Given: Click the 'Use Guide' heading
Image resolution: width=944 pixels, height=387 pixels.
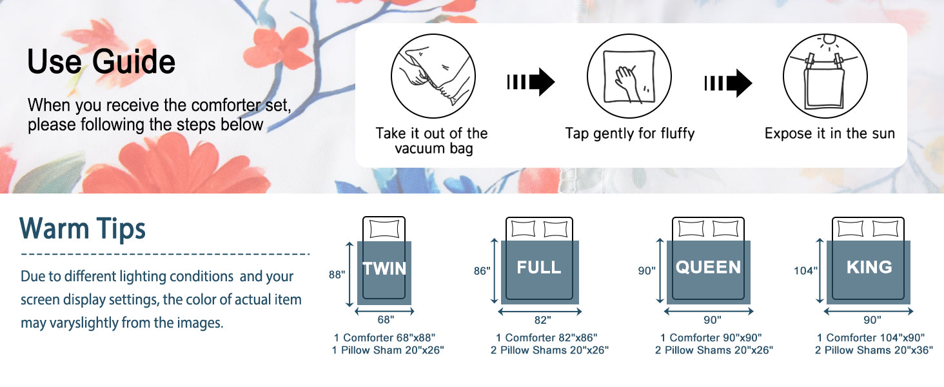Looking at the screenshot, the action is (x=101, y=61).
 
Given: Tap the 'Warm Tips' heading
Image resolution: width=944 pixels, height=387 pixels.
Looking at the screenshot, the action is (x=83, y=228).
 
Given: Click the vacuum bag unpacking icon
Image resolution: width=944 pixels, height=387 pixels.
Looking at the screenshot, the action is (x=433, y=76).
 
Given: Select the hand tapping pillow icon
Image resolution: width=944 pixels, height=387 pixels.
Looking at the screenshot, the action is (x=629, y=76).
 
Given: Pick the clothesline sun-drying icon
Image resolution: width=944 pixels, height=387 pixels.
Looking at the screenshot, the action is (x=825, y=76).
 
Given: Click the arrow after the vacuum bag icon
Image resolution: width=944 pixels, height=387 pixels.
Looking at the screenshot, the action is (x=531, y=82).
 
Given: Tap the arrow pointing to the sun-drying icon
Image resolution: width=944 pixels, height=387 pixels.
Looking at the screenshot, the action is (x=728, y=83).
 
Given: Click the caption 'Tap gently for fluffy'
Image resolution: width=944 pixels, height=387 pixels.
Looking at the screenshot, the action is (x=629, y=134).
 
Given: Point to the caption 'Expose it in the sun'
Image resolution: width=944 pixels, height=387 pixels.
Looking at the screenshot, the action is (x=829, y=134).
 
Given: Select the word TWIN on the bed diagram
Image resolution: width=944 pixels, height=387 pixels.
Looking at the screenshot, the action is (x=384, y=268).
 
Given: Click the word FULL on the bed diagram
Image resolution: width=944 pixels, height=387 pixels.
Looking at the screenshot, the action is (x=539, y=267).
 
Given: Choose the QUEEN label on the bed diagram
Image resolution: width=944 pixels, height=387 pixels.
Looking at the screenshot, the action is (x=708, y=267).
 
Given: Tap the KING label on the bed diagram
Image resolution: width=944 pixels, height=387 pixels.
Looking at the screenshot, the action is (x=869, y=267).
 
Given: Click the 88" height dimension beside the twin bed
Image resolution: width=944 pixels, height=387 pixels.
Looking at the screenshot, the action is (x=337, y=274).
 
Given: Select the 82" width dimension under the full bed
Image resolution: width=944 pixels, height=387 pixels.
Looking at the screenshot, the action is (x=543, y=321).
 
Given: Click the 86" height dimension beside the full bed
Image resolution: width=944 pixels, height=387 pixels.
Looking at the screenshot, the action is (x=482, y=271).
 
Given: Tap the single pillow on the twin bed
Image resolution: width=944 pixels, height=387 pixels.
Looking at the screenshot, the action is (x=384, y=229).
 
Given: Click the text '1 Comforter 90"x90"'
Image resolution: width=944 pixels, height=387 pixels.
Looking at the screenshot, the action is (x=711, y=338).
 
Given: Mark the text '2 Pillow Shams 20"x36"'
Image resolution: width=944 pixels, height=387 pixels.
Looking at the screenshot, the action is (x=874, y=350).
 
